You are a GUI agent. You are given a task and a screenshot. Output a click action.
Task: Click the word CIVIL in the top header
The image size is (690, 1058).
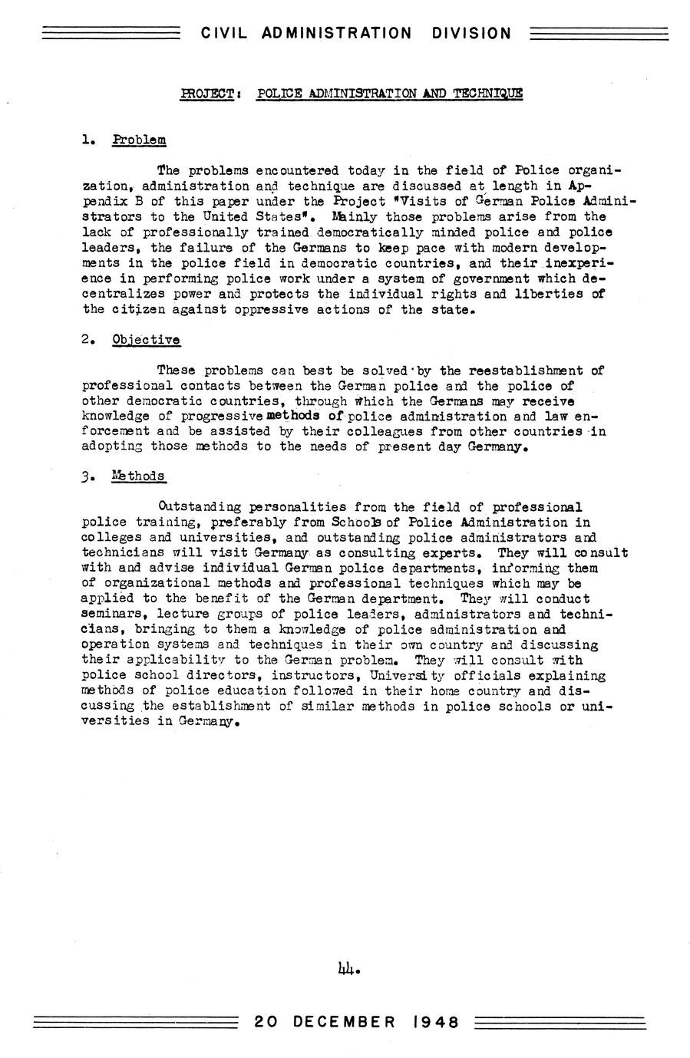225,33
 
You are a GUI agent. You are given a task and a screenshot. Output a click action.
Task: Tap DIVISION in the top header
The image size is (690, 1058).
471,33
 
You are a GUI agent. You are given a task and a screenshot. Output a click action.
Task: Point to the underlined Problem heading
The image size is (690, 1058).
139,140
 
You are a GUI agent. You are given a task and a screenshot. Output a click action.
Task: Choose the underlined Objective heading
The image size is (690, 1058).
146,340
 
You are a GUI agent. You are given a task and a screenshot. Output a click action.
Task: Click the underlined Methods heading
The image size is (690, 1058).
138,476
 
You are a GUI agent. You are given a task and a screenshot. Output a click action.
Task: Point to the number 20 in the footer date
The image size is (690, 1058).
266,1022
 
